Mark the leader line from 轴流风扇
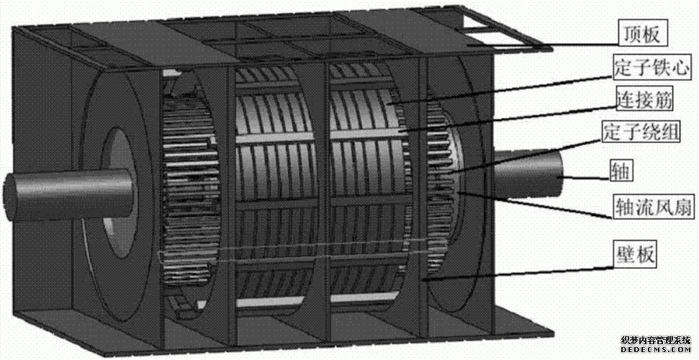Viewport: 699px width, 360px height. coord(540,205)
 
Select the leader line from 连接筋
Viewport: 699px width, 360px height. coord(504,117)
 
